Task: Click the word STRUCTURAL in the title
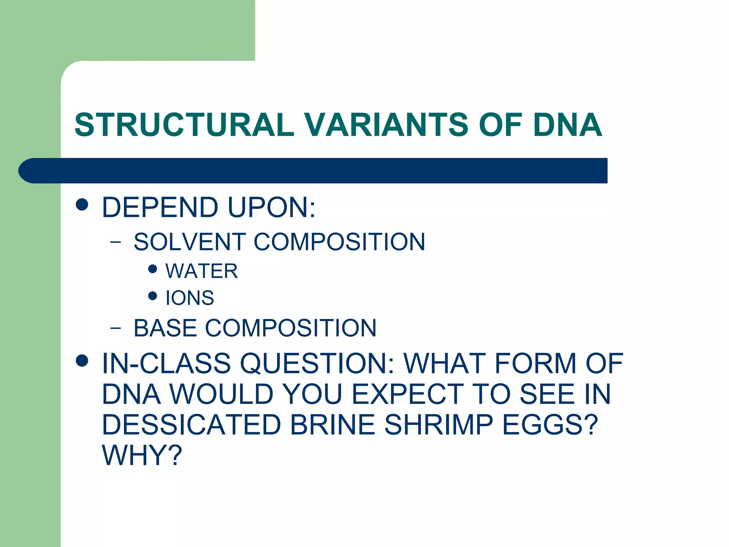coord(184,125)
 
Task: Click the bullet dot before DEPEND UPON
coord(82,205)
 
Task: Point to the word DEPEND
coord(160,207)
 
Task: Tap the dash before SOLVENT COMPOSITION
coord(115,243)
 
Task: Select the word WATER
coord(201,271)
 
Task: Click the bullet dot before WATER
coord(153,269)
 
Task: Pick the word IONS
coord(190,298)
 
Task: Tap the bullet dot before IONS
coord(153,296)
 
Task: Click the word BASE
coord(165,328)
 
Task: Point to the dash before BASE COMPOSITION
coord(115,328)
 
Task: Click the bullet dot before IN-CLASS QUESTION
coord(82,361)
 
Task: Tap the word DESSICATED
coord(191,425)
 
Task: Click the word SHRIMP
coord(439,425)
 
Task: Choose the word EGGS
coord(550,425)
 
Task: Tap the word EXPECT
coord(408,394)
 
